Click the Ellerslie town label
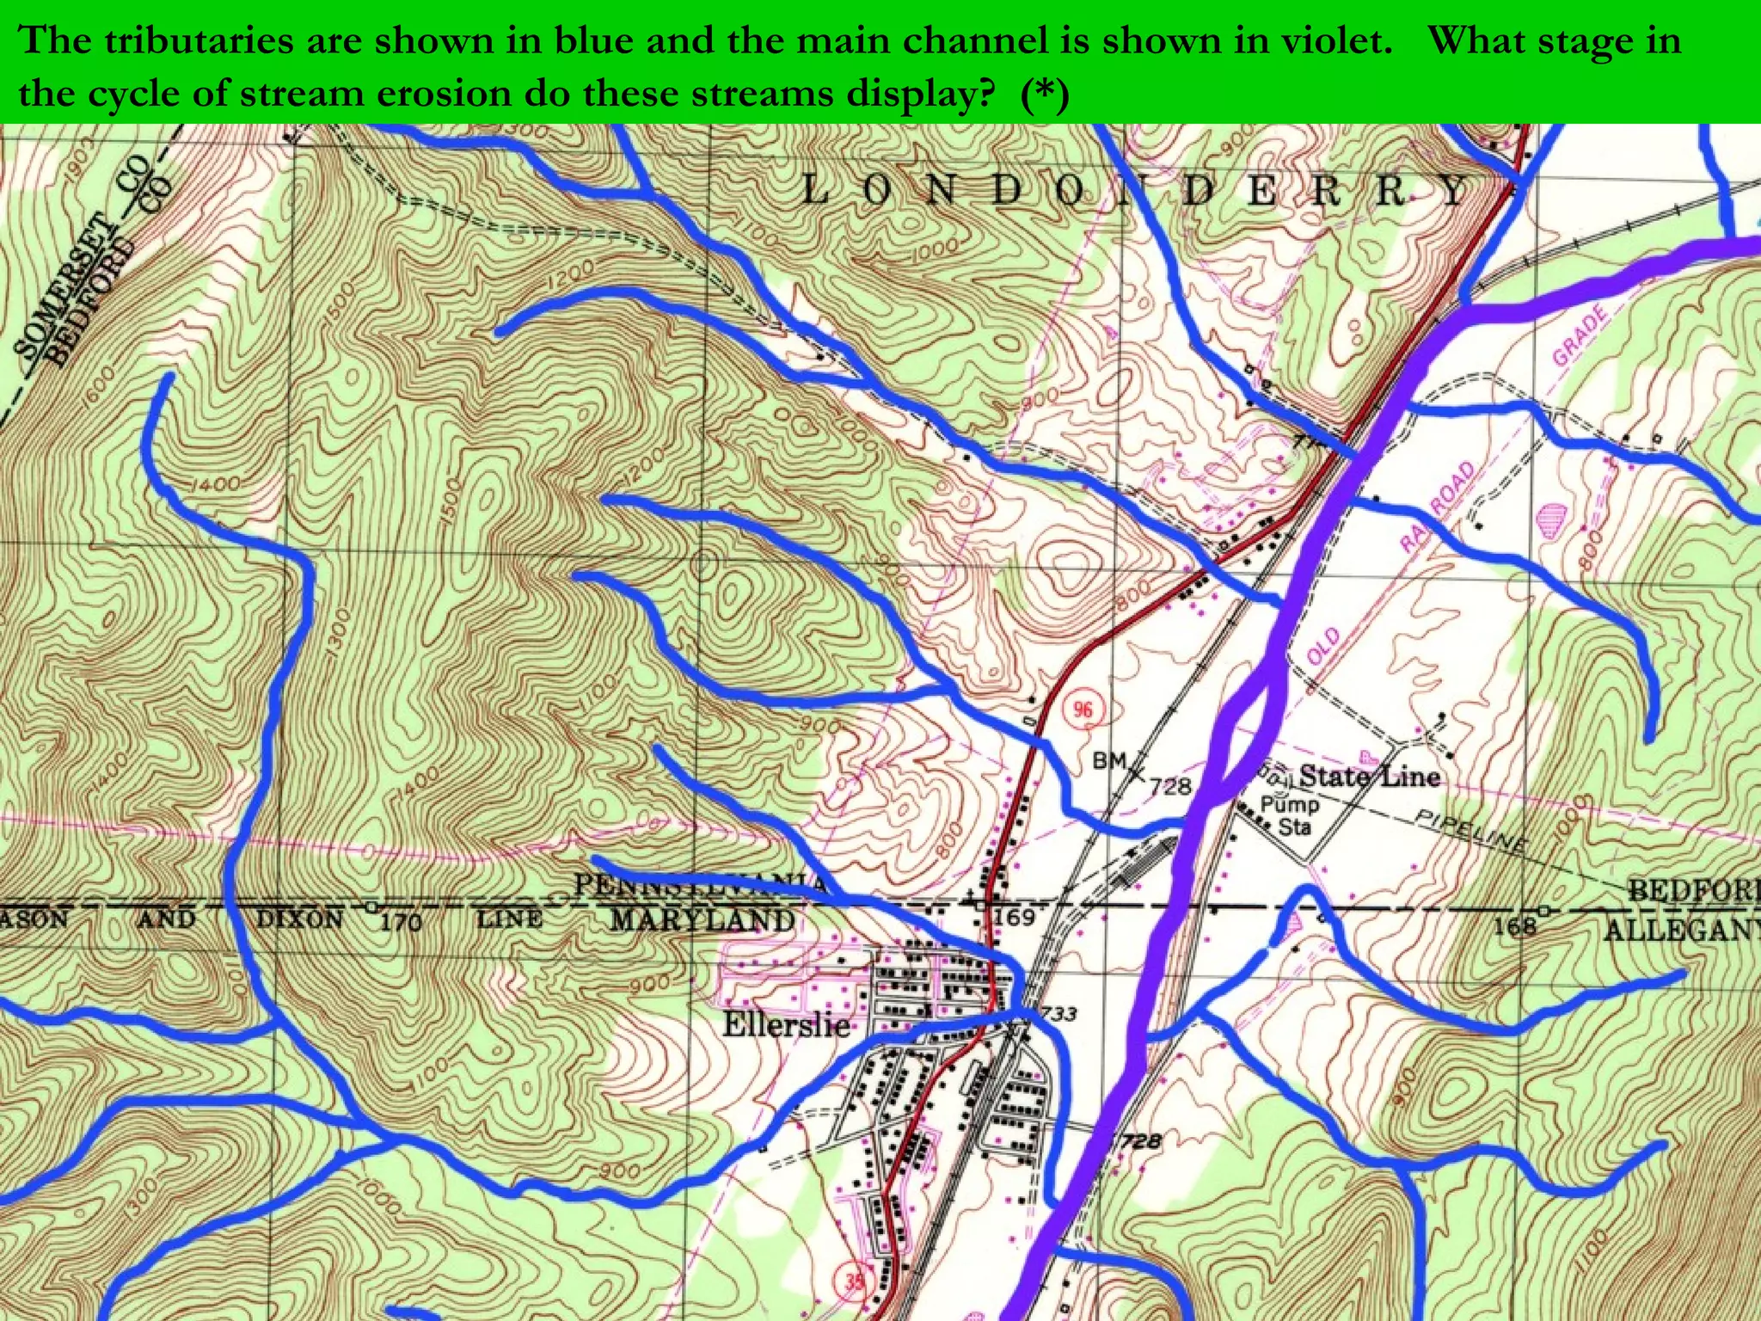(786, 1024)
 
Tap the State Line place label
(1369, 777)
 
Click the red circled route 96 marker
(1082, 710)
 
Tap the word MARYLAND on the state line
(703, 920)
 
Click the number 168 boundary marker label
(1514, 925)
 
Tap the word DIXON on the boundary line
(300, 919)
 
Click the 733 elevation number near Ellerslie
(1058, 1013)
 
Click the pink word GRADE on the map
(1580, 335)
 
